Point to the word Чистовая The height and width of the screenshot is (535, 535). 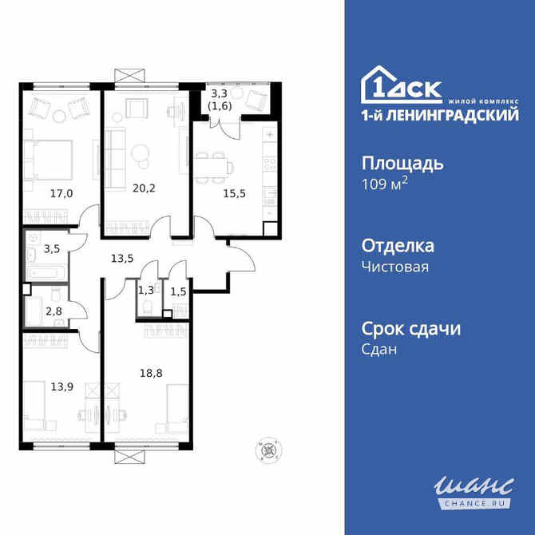pyautogui.click(x=396, y=267)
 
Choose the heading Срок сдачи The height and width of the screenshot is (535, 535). pyautogui.click(x=412, y=327)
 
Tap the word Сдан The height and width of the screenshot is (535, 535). pyautogui.click(x=380, y=349)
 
